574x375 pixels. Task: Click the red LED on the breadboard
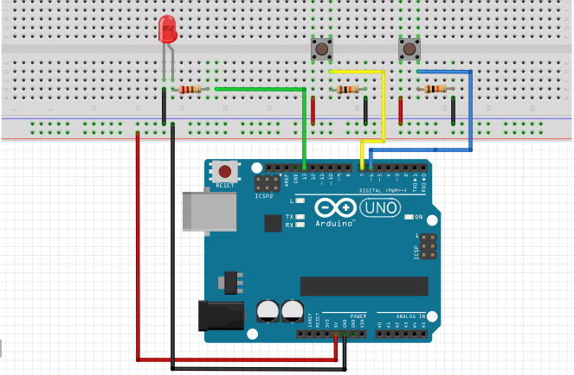[x=168, y=31]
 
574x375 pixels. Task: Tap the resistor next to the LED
[x=190, y=89]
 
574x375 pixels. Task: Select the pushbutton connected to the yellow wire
[x=322, y=49]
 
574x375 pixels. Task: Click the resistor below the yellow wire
[x=348, y=89]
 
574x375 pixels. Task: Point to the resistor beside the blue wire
[x=435, y=89]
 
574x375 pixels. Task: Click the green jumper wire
[x=260, y=88]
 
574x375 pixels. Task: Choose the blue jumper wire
[x=470, y=112]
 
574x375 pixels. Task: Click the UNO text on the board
[x=379, y=208]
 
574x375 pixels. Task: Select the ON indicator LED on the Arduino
[x=408, y=216]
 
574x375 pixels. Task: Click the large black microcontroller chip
[x=364, y=286]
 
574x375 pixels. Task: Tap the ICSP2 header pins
[x=267, y=183]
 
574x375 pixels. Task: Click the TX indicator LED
[x=300, y=216]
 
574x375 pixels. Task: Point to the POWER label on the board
[x=358, y=316]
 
